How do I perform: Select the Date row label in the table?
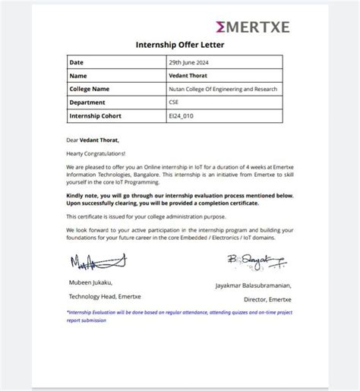coord(77,62)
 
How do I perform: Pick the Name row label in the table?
coord(78,76)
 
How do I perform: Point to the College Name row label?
coord(90,90)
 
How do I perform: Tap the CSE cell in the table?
coord(175,102)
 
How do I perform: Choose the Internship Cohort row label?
coord(96,116)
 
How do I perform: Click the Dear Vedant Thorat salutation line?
coord(93,140)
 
